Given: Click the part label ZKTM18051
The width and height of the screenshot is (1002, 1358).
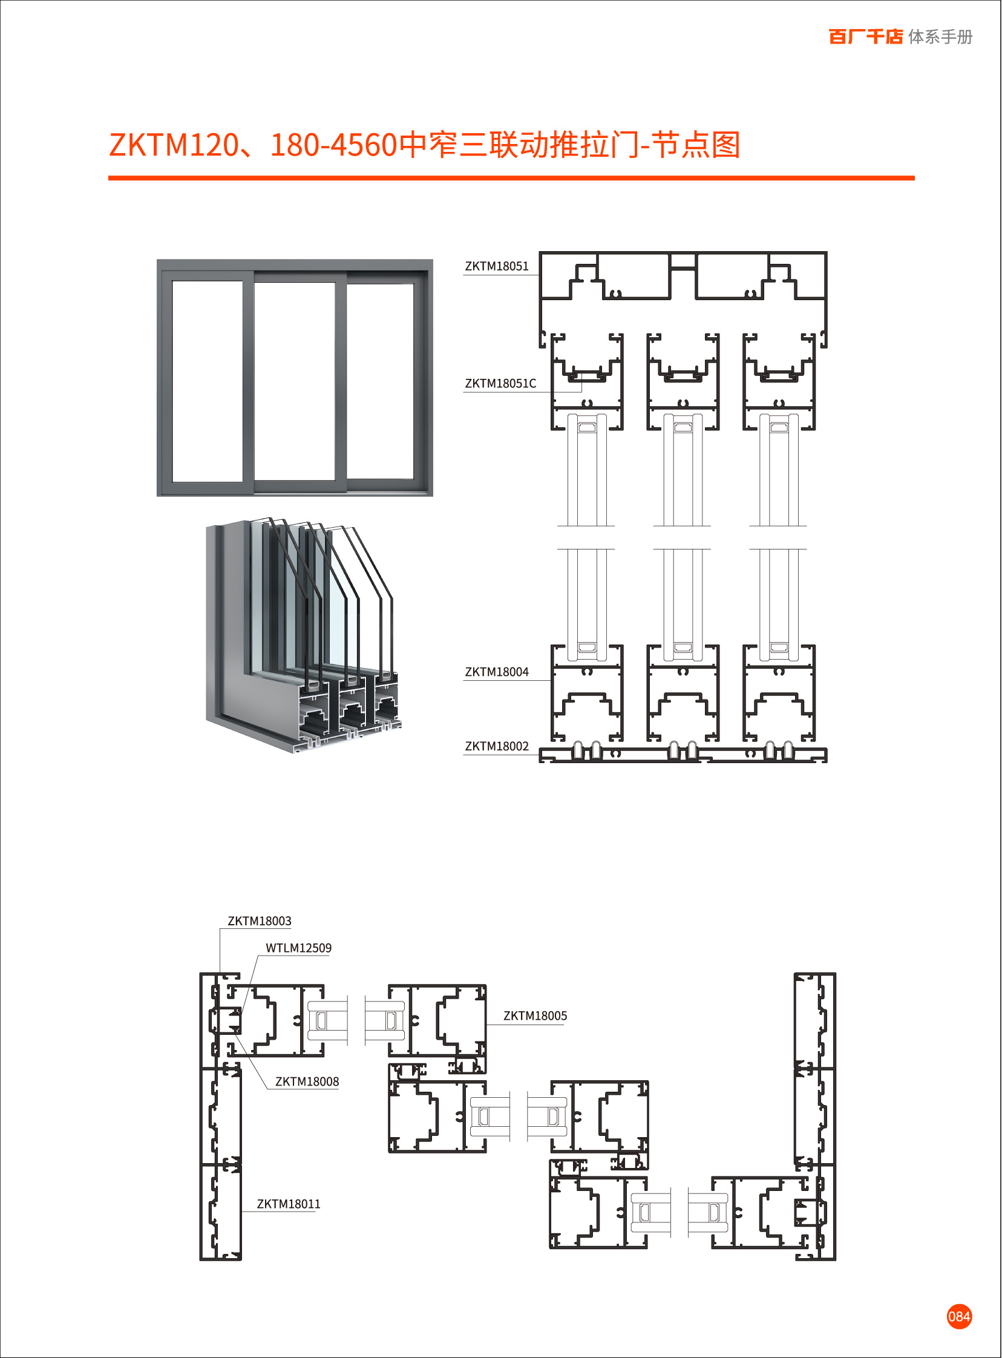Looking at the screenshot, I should click(496, 266).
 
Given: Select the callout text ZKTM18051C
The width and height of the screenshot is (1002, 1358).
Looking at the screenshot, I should click(500, 383).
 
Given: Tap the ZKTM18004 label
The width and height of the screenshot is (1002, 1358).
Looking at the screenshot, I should click(496, 672).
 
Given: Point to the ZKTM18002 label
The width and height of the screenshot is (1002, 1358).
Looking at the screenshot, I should click(496, 747).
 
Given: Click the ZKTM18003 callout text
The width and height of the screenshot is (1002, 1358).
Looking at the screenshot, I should click(259, 921).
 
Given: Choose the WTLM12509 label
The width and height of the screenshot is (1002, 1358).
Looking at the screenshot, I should click(298, 948).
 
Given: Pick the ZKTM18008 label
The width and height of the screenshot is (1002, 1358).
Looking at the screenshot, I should click(307, 1081).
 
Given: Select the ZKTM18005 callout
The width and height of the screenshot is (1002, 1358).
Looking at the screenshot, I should click(535, 1016).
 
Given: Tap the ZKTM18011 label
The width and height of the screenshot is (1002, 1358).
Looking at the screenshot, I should click(288, 1204).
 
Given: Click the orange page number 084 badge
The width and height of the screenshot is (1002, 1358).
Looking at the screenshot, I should click(959, 1316).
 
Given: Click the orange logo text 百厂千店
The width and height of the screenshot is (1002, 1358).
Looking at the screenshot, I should click(865, 37).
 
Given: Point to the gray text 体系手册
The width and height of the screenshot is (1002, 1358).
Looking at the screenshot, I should click(940, 37).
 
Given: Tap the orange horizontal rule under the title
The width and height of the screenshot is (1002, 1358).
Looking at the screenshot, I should click(511, 179).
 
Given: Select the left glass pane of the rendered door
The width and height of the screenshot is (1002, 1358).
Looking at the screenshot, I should click(207, 381).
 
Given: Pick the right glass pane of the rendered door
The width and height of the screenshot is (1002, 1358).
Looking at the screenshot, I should click(380, 381).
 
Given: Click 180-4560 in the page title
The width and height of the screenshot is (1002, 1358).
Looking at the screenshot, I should click(333, 146).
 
